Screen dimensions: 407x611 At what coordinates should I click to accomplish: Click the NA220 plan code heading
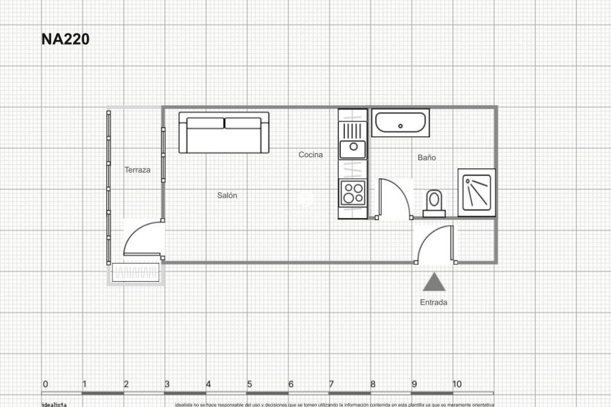coord(65,39)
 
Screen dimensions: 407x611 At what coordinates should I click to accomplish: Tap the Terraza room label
coord(137,170)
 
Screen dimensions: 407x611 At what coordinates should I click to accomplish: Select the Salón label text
coord(227,195)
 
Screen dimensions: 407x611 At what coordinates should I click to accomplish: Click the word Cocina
coord(310,155)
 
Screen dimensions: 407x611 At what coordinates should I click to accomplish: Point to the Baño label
coord(426,157)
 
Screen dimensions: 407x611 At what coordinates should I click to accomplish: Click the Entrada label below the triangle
coord(433,302)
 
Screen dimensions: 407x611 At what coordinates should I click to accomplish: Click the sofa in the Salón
coord(224,133)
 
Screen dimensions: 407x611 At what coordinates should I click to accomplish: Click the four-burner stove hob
coord(353,193)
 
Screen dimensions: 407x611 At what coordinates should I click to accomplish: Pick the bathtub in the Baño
coord(400,123)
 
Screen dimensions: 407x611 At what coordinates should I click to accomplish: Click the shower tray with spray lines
coord(476,193)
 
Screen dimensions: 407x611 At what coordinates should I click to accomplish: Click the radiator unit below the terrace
coord(136,272)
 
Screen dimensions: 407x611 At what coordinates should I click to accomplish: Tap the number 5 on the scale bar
coord(249,384)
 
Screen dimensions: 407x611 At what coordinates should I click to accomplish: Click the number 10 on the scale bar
coord(457,384)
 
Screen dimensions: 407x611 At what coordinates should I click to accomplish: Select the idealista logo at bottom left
coord(54,404)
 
